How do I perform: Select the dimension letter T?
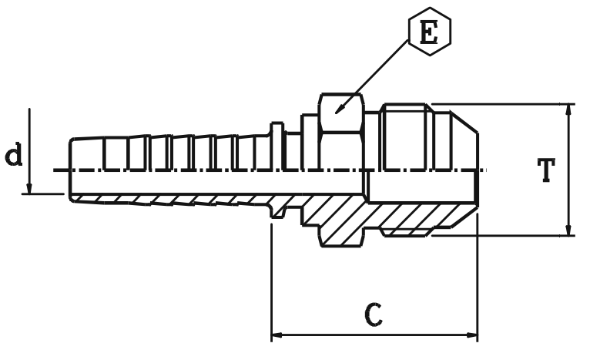(545, 169)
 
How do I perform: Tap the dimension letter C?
(373, 314)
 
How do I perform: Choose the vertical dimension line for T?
(568, 170)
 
